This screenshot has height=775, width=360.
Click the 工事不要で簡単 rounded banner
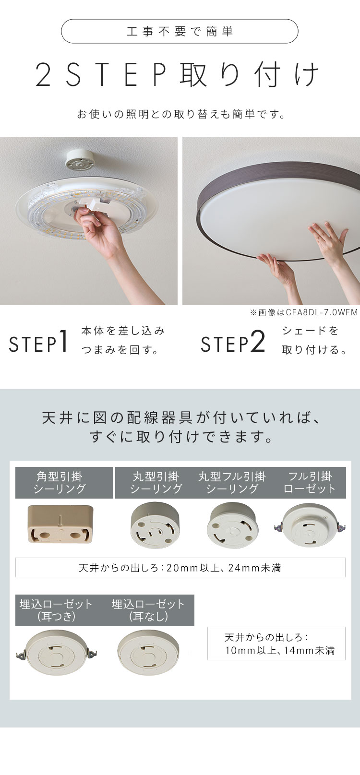[x=180, y=31]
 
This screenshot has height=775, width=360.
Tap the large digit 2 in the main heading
[x=44, y=75]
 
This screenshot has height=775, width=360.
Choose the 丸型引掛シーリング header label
[x=156, y=483]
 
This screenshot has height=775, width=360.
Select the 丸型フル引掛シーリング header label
[x=232, y=483]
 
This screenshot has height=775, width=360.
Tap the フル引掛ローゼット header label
[x=310, y=483]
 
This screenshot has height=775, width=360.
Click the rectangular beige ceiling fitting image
[x=60, y=524]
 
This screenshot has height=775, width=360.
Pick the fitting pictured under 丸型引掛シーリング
[x=155, y=525]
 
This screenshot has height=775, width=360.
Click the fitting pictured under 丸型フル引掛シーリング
[x=233, y=525]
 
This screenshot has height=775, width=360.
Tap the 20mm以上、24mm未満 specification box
[x=180, y=567]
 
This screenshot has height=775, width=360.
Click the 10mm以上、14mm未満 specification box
[x=276, y=644]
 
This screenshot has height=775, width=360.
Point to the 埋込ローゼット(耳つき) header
[x=56, y=610]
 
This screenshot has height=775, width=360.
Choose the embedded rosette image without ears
[x=148, y=652]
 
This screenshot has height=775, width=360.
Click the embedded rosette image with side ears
[x=57, y=652]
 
